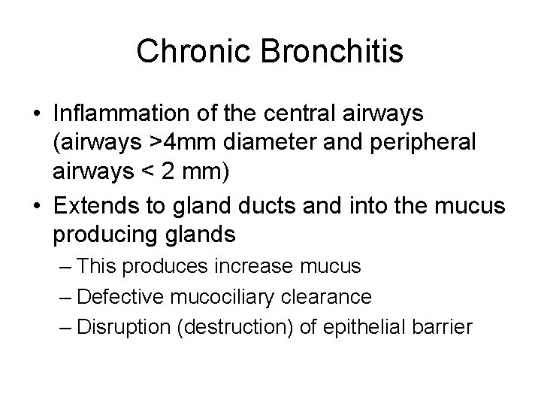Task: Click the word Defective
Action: pyautogui.click(x=122, y=297)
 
